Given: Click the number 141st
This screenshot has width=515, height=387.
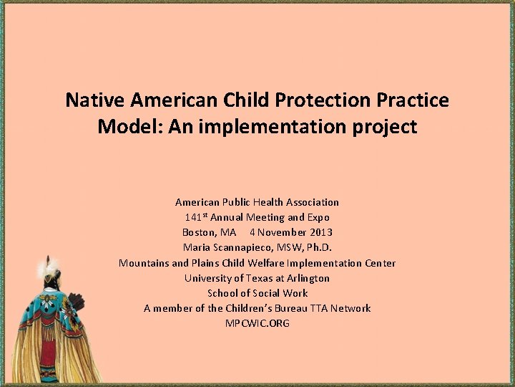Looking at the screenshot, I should [x=197, y=217].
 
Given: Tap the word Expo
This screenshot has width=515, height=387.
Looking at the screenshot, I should [x=318, y=217].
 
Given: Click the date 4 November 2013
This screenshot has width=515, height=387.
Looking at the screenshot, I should [x=291, y=232].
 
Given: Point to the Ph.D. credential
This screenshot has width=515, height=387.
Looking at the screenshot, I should [x=315, y=247].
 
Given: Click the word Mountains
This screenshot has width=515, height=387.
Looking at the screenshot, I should [x=144, y=263].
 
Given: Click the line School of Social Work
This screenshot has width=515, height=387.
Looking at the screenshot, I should [x=257, y=293].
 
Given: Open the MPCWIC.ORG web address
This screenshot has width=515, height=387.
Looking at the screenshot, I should [x=257, y=323].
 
